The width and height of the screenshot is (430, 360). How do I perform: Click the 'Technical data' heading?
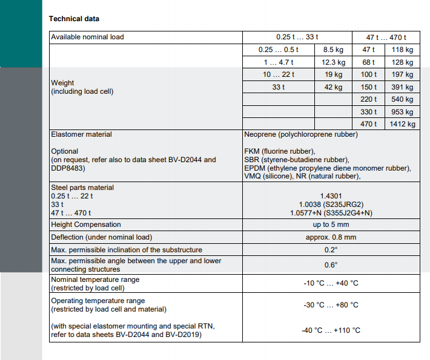(74, 19)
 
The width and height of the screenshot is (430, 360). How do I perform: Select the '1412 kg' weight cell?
(402, 124)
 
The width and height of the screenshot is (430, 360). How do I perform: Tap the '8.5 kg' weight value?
(333, 50)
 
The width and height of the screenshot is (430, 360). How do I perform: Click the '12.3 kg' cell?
(333, 62)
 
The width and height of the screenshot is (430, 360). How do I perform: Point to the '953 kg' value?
(402, 112)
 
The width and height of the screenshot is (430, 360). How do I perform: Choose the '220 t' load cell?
(368, 99)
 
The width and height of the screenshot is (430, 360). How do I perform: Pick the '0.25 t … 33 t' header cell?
(297, 37)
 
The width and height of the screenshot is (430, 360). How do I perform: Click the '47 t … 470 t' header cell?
(386, 37)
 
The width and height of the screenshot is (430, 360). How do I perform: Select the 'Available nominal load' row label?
(87, 37)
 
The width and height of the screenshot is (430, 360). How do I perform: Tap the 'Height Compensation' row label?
(86, 224)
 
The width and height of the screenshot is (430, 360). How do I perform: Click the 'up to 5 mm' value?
(330, 224)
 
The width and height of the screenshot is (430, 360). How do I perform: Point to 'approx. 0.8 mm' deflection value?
(330, 237)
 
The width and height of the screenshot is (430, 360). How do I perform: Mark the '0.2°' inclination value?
(330, 249)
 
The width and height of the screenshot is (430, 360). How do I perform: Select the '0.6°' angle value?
(330, 265)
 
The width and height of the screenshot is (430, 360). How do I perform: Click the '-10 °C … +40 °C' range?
(331, 283)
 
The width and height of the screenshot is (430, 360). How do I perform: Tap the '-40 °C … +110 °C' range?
(331, 330)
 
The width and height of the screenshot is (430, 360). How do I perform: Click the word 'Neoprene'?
(260, 134)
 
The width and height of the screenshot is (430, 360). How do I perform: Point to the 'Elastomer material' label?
(81, 134)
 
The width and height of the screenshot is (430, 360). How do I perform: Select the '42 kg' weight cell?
(333, 87)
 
